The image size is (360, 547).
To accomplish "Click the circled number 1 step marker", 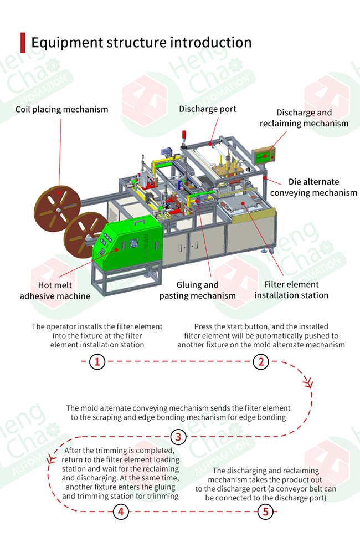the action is pyautogui.click(x=97, y=361).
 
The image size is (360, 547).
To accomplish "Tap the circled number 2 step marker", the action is pyautogui.click(x=261, y=361).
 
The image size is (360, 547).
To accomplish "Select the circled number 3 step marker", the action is pyautogui.click(x=178, y=437).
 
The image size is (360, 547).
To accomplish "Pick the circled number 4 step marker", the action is pyautogui.click(x=121, y=512).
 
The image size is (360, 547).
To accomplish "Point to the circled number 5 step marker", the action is pyautogui.click(x=265, y=512).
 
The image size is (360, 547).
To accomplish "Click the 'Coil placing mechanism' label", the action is pyautogui.click(x=61, y=110).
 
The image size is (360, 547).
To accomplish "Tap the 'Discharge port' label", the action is pyautogui.click(x=208, y=109).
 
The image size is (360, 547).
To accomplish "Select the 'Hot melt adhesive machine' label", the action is pyautogui.click(x=55, y=290).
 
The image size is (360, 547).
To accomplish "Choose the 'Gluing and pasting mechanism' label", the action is pyautogui.click(x=198, y=290).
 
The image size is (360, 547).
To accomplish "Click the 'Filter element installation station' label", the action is pyautogui.click(x=291, y=290).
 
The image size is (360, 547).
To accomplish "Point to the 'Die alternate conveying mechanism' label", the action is pyautogui.click(x=313, y=187).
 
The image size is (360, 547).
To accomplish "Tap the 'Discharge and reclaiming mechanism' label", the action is pyautogui.click(x=304, y=118).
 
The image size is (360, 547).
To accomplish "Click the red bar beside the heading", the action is pyautogui.click(x=23, y=43).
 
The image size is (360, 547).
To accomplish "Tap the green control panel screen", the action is pyautogui.click(x=264, y=156).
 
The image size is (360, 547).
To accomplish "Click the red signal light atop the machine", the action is pyautogui.click(x=184, y=135).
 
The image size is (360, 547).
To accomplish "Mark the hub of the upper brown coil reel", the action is pyautogui.click(x=59, y=209).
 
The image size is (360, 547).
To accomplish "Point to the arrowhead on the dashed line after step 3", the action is pyautogui.click(x=52, y=458).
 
